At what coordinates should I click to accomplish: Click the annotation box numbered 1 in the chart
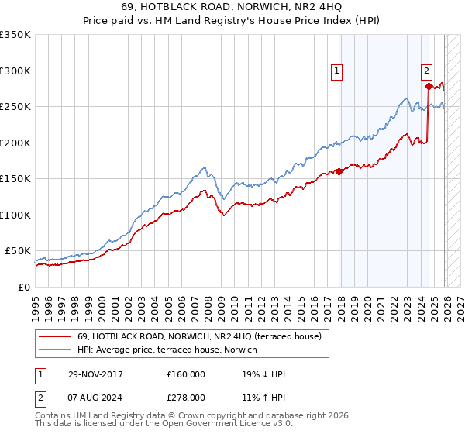point(338,71)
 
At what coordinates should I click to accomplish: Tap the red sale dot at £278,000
point(429,86)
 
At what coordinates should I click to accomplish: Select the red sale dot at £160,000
point(339,171)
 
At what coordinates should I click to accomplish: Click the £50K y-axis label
point(18,251)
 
